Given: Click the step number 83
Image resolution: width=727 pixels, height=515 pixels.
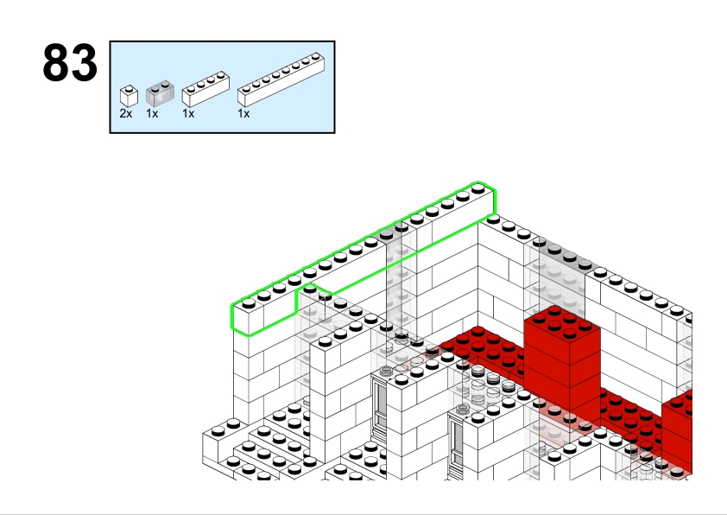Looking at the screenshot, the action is (70, 62).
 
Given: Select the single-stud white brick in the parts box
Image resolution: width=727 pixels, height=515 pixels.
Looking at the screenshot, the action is (129, 96).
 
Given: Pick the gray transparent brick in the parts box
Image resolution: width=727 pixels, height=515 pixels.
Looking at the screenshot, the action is (160, 93).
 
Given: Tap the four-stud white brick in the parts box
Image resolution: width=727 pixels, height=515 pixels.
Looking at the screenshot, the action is (205, 89).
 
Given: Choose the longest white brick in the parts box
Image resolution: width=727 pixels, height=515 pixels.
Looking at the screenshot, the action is (281, 79).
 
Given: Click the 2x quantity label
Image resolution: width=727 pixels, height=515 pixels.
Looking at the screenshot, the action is (126, 114).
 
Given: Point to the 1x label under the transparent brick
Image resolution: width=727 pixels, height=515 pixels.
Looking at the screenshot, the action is (152, 114).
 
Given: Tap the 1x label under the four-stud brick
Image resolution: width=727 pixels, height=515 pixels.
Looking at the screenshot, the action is (188, 114).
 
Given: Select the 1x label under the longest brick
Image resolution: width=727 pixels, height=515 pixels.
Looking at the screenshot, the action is (243, 114).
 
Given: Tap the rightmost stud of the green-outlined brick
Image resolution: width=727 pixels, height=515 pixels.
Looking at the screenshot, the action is (478, 188).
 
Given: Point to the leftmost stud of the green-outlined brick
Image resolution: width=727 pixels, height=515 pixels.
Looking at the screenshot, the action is (249, 303).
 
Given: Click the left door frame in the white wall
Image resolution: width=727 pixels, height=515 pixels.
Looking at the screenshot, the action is (380, 409).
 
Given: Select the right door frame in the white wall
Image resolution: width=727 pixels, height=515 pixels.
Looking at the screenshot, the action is (456, 445).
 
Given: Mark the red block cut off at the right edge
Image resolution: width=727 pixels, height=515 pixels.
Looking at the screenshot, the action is (676, 429).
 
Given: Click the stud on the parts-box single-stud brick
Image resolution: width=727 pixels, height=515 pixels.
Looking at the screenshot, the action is (129, 89).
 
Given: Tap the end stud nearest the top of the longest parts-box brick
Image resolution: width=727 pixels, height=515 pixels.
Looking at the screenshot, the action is (316, 57).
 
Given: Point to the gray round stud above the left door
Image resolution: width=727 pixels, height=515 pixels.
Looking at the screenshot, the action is (386, 371).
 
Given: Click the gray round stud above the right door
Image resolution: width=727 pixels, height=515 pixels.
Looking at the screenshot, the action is (462, 410).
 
